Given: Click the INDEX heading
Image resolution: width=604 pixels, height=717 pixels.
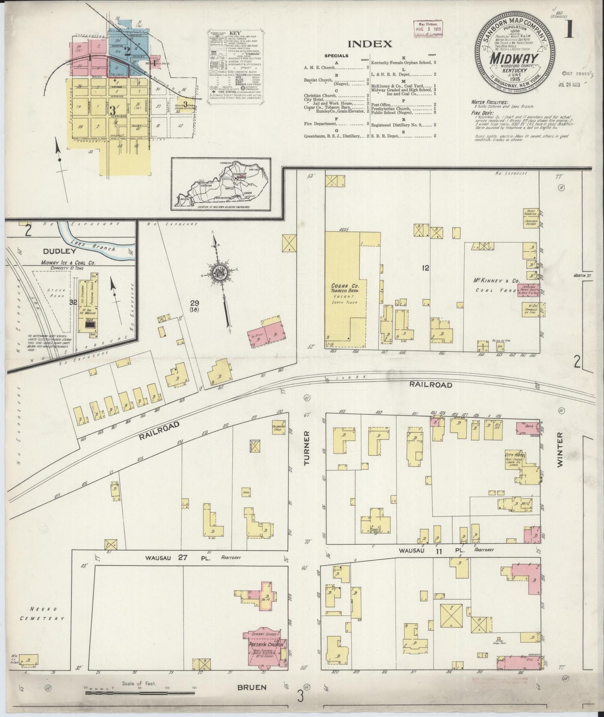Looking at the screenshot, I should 370,44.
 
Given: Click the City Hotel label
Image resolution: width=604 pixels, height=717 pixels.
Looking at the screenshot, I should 514,456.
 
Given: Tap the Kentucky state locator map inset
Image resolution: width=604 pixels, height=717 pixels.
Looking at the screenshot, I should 221,184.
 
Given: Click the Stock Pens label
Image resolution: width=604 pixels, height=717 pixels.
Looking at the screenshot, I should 55,293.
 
